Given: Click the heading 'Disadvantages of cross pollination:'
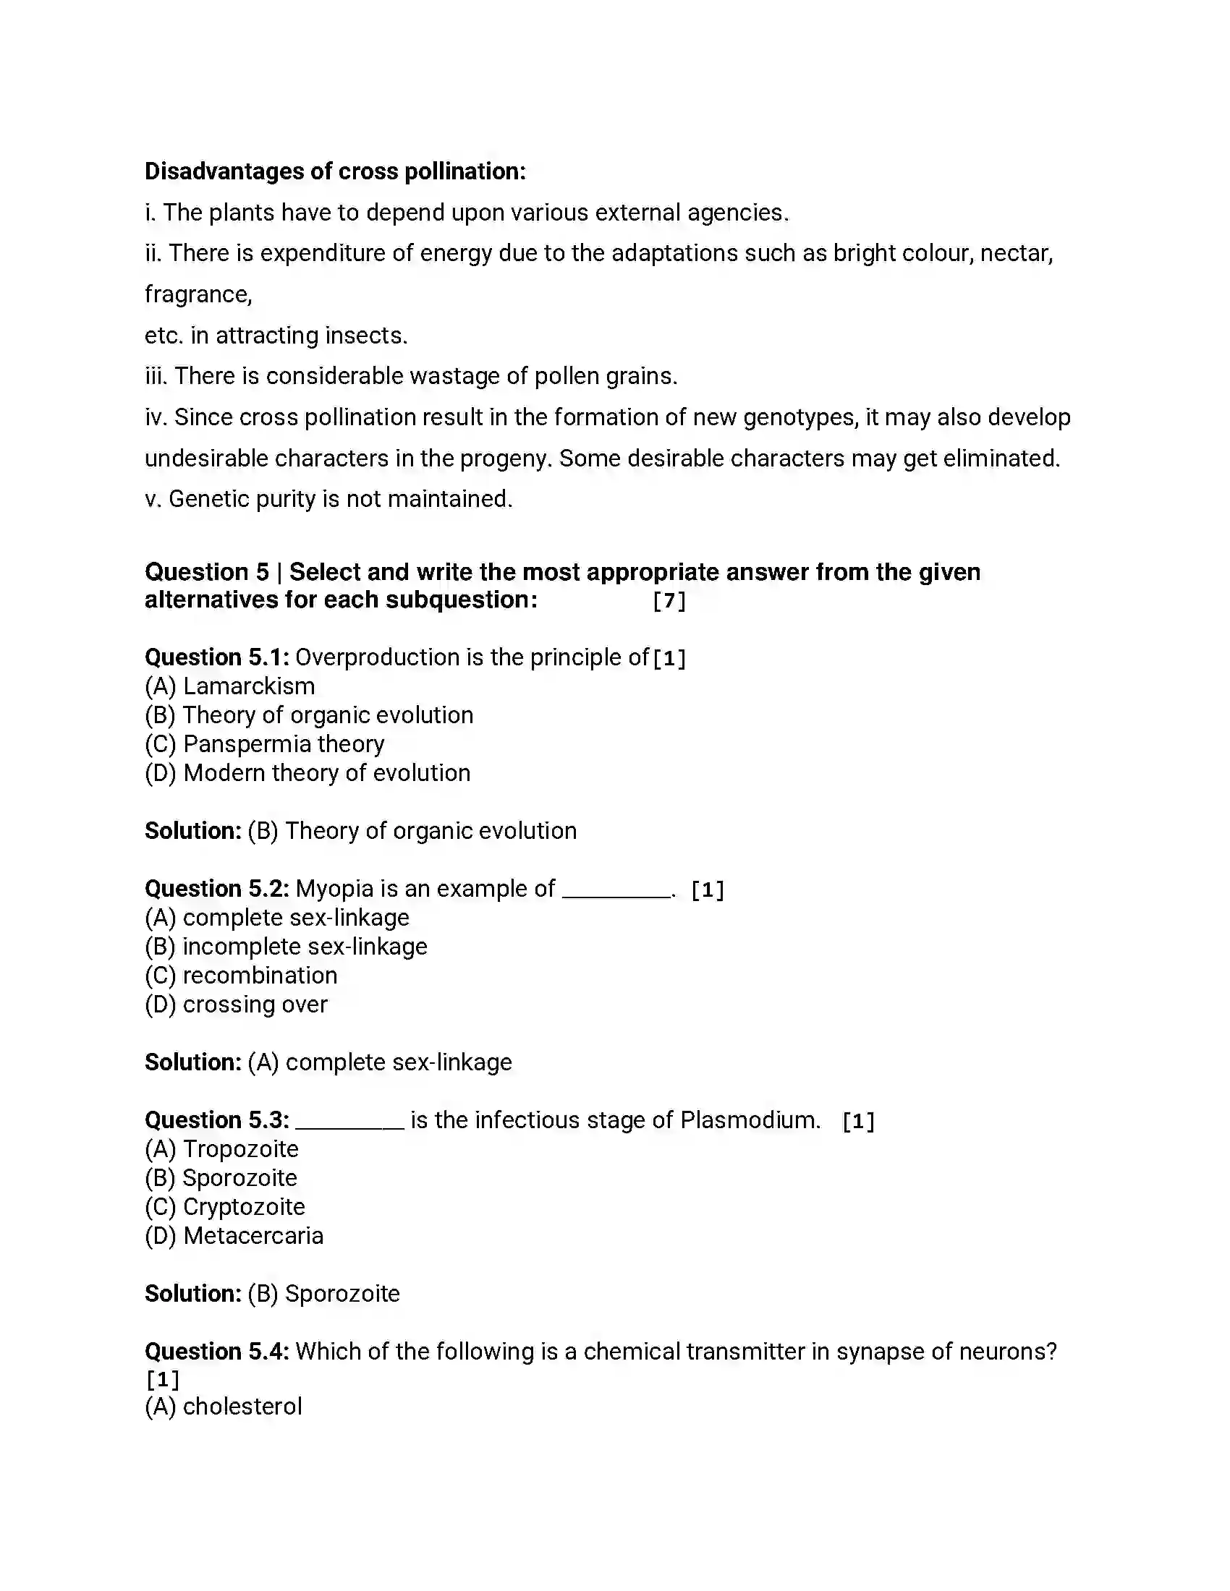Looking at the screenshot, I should click(334, 171).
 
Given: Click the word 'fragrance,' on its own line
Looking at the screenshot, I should click(198, 294).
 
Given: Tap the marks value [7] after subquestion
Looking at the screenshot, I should click(669, 601).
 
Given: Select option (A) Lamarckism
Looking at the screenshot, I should click(229, 686).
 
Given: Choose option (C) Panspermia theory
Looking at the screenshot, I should click(265, 743).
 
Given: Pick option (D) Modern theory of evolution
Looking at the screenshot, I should click(307, 773).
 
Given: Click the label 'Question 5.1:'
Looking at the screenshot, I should click(217, 657).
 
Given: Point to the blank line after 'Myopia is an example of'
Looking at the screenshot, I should click(616, 895).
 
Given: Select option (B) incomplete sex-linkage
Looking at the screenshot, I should click(286, 947).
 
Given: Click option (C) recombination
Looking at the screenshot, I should click(241, 976).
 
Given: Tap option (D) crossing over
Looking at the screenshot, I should click(236, 1004).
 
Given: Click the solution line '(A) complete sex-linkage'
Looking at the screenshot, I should click(380, 1062).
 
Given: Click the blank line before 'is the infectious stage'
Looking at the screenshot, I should click(349, 1125).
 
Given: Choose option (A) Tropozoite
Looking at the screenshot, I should click(221, 1149).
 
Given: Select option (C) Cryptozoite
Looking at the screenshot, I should click(224, 1207).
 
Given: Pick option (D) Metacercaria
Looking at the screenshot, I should click(234, 1236).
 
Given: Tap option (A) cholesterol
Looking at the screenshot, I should click(223, 1407).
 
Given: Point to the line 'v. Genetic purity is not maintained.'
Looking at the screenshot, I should click(328, 499).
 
